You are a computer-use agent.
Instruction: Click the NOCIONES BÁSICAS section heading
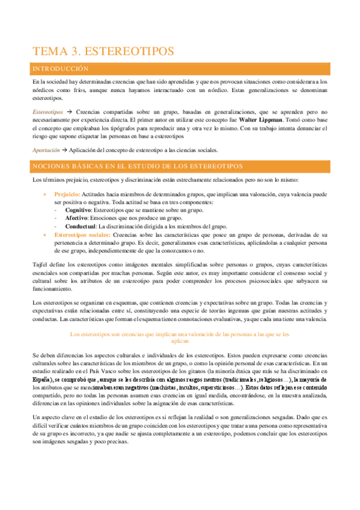point(138,165)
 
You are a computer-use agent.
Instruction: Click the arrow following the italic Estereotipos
point(69,112)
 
